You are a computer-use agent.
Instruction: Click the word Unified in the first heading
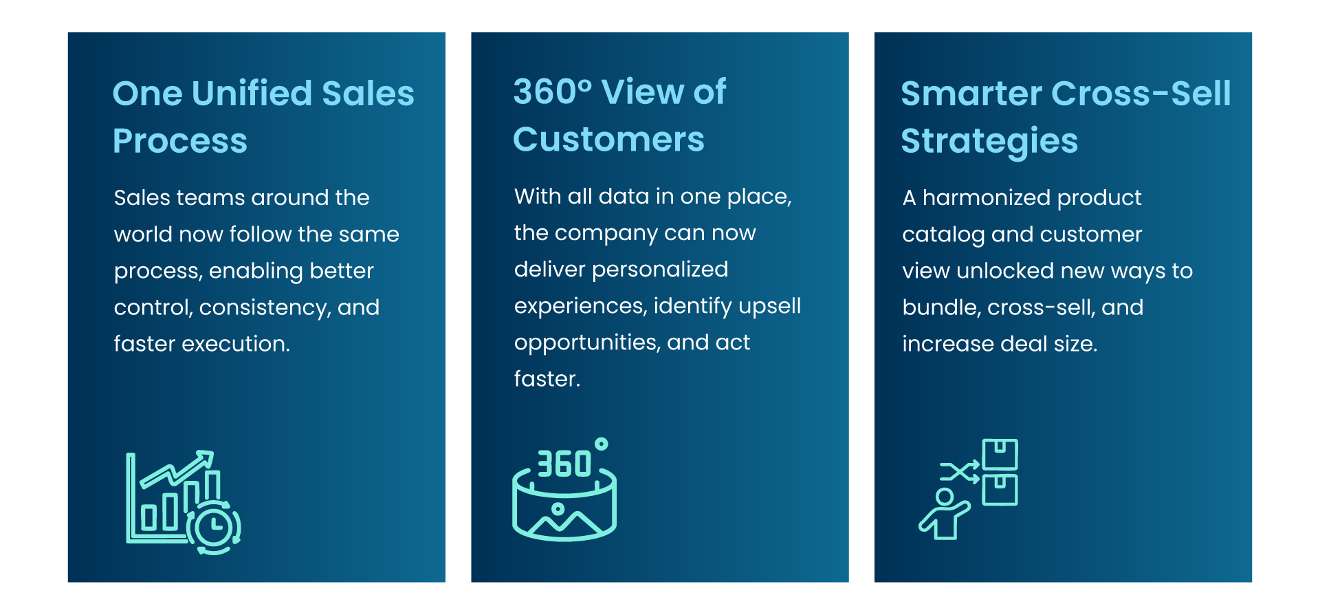pos(252,93)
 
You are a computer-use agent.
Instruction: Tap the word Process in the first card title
pos(180,141)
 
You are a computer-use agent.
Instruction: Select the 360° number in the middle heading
pos(552,91)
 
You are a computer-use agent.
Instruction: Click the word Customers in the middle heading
pos(608,139)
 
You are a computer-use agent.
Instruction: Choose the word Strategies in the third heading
pos(989,142)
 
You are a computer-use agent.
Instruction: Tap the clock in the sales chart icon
pos(214,527)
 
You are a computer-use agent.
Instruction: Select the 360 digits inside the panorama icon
pos(564,464)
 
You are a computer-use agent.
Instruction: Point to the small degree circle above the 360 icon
pos(601,444)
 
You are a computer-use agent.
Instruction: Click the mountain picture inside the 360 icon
pos(564,519)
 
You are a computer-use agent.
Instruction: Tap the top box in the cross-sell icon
pos(1000,454)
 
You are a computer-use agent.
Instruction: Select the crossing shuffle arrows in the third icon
pos(960,472)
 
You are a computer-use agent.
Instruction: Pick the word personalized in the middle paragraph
pos(660,270)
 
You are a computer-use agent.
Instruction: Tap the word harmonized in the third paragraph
pos(986,197)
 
